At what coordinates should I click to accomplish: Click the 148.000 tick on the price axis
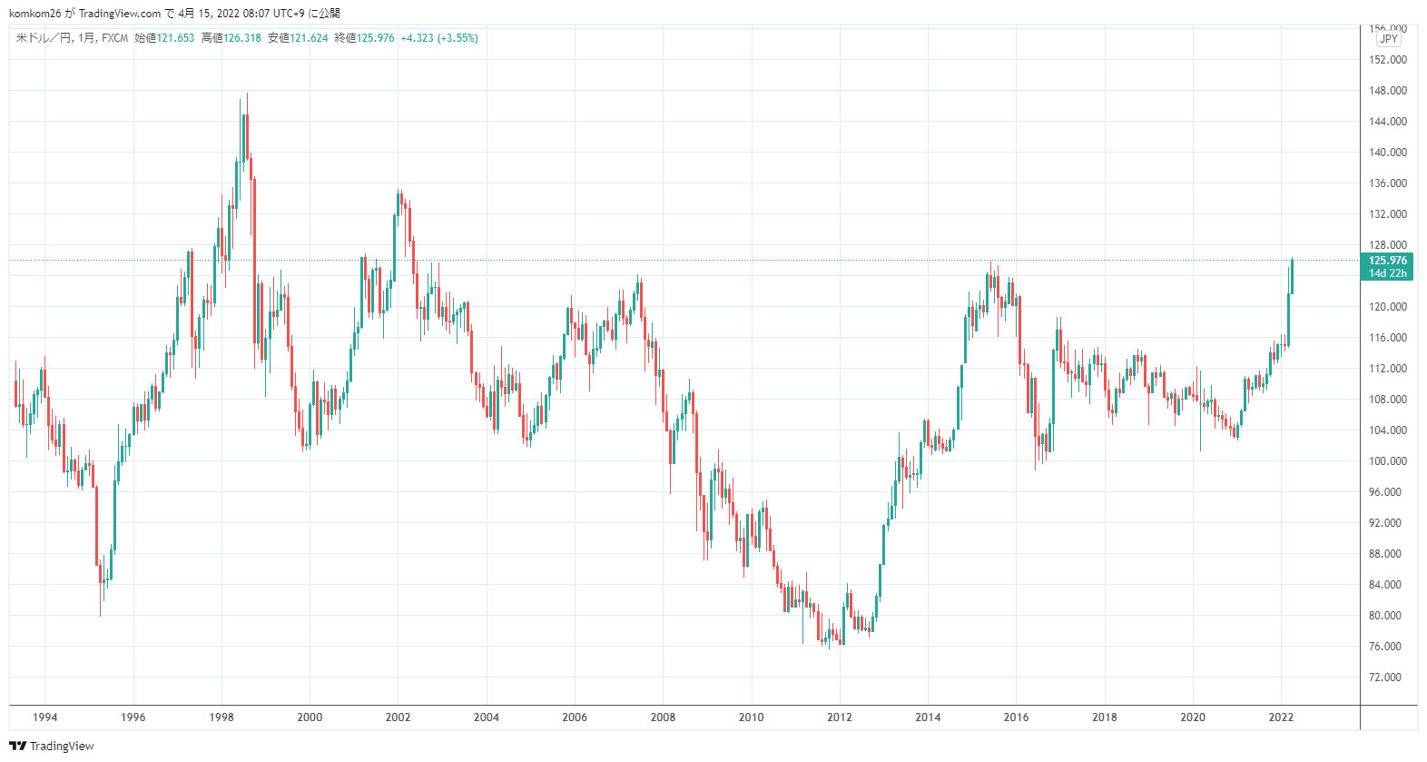(x=1387, y=91)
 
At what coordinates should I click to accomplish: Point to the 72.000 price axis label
(x=1385, y=678)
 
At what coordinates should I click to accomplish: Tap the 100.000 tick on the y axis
(x=1387, y=461)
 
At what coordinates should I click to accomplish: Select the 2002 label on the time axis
(x=398, y=717)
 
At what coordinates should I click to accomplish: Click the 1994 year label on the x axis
(x=44, y=717)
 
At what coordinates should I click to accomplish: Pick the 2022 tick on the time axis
(x=1281, y=717)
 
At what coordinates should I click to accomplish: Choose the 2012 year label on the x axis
(x=840, y=717)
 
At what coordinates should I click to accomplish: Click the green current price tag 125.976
(x=1387, y=261)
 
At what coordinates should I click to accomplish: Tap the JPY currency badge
(x=1389, y=39)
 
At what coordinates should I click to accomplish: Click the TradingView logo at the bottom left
(x=52, y=747)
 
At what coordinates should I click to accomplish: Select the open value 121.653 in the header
(x=176, y=38)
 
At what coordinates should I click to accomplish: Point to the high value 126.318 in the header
(x=242, y=38)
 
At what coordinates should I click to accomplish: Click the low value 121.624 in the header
(x=309, y=38)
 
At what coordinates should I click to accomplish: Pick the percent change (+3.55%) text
(x=458, y=38)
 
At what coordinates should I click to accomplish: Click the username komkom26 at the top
(x=34, y=13)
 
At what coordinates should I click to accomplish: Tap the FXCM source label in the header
(x=115, y=38)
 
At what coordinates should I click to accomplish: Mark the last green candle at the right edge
(x=1292, y=277)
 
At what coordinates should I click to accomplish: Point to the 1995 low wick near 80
(x=100, y=604)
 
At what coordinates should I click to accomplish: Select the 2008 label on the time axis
(x=663, y=717)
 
